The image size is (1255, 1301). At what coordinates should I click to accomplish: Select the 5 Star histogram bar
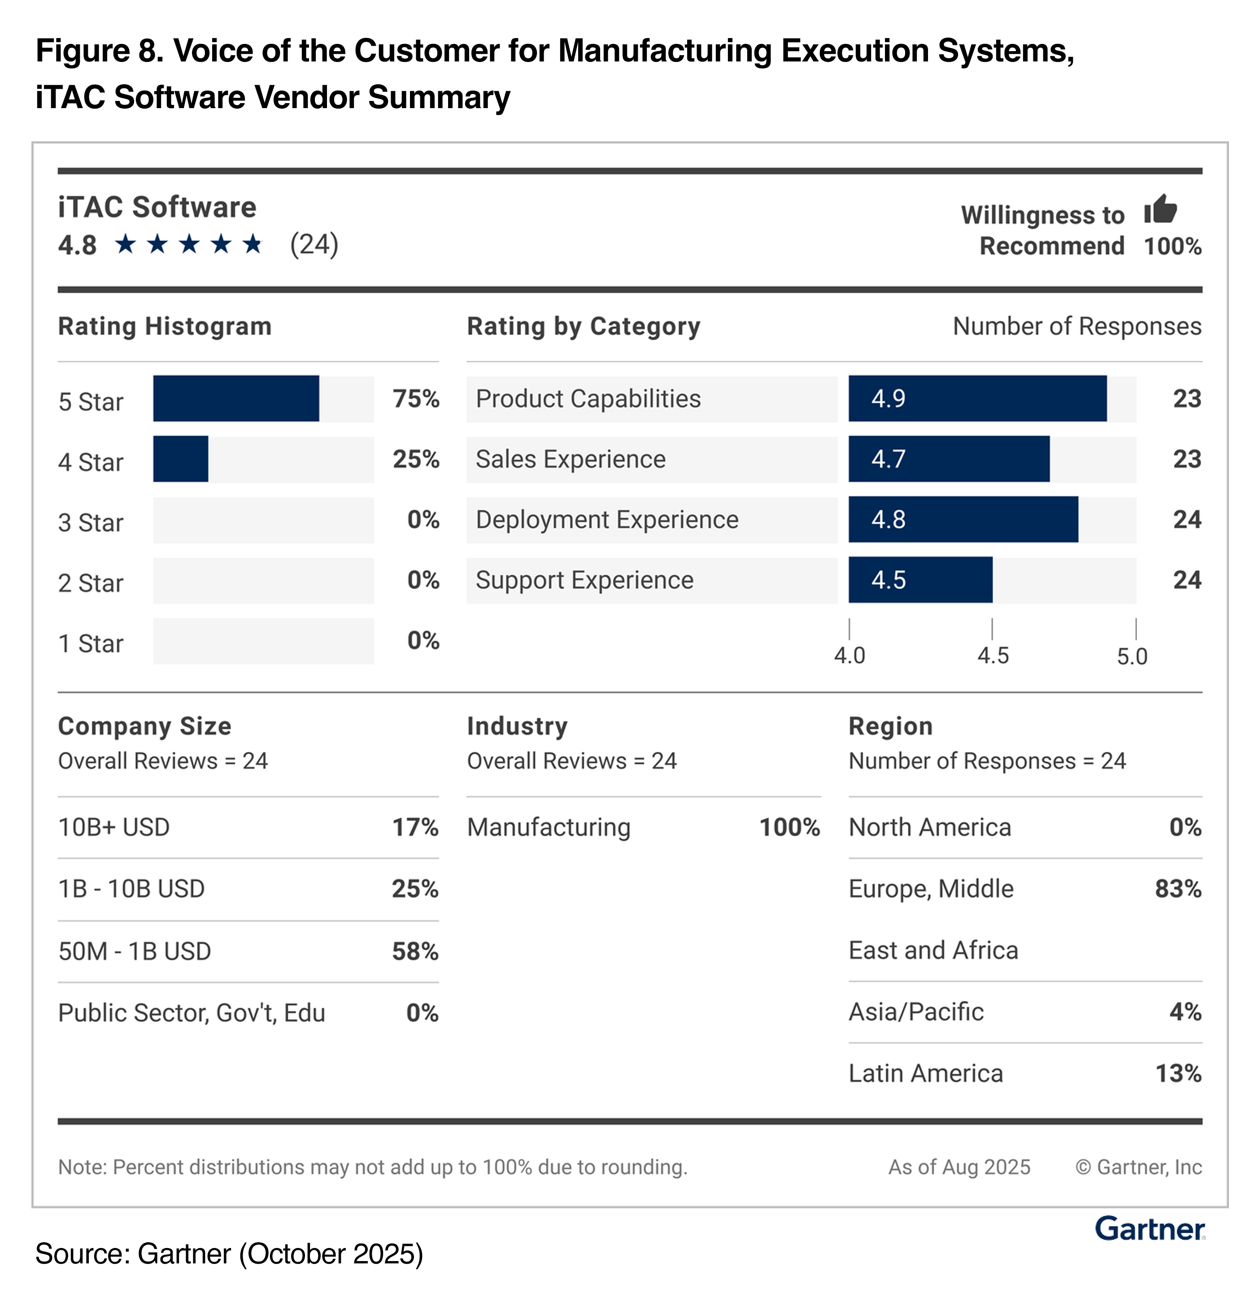pyautogui.click(x=235, y=398)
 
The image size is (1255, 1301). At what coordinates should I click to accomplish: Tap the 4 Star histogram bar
pyautogui.click(x=180, y=458)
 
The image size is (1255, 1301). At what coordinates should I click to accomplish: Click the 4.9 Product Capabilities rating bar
pyautogui.click(x=977, y=398)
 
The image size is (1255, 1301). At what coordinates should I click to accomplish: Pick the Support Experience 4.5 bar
pyautogui.click(x=920, y=580)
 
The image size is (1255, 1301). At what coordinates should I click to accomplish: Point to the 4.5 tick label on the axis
pyautogui.click(x=992, y=656)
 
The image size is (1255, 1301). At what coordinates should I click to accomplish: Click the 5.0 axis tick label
pyautogui.click(x=1132, y=656)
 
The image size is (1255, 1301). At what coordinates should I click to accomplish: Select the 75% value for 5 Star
pyautogui.click(x=415, y=398)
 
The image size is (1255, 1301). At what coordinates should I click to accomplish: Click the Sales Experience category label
pyautogui.click(x=570, y=458)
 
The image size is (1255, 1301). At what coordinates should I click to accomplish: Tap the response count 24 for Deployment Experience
pyautogui.click(x=1187, y=519)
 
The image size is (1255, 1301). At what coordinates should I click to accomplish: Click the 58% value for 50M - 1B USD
pyautogui.click(x=415, y=951)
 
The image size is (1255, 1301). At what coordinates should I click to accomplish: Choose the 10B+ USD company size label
pyautogui.click(x=114, y=827)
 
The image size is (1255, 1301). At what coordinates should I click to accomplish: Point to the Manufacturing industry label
pyautogui.click(x=549, y=827)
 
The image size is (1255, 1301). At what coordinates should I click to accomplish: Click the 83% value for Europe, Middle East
pyautogui.click(x=1178, y=889)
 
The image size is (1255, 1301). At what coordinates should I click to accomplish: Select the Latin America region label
pyautogui.click(x=926, y=1073)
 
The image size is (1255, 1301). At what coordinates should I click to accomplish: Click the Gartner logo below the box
pyautogui.click(x=1150, y=1229)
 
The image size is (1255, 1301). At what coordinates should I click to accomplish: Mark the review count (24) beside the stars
pyautogui.click(x=314, y=244)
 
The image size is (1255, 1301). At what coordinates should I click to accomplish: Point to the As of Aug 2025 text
pyautogui.click(x=959, y=1167)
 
